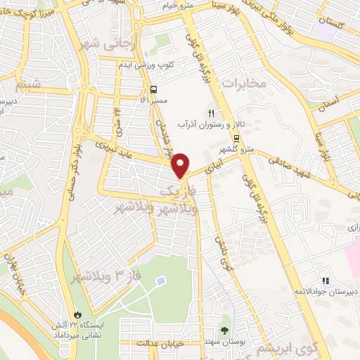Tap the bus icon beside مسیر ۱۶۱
pyautogui.click(x=154, y=89)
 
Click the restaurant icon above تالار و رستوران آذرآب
pyautogui.click(x=210, y=112)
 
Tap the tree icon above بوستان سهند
pyautogui.click(x=225, y=330)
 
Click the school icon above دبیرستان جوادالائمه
pyautogui.click(x=326, y=280)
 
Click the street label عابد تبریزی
pyautogui.click(x=138, y=149)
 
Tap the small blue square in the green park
pyautogui.click(x=162, y=281)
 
